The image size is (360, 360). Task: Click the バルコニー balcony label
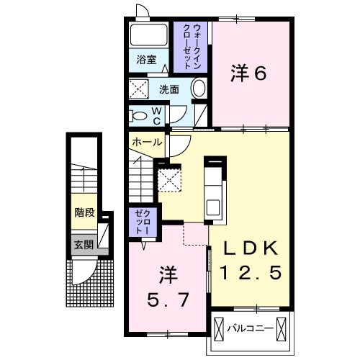250,328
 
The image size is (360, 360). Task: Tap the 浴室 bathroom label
147,60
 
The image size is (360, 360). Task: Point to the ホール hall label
147,143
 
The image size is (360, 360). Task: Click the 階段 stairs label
84,213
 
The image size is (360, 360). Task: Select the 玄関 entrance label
84,245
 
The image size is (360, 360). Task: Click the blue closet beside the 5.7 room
138,222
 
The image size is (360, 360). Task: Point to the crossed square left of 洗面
139,90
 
